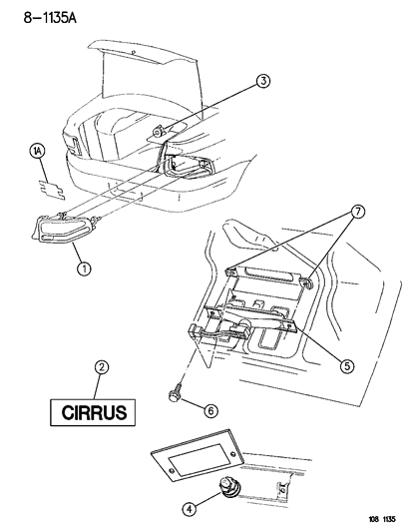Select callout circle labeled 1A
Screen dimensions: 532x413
pos(37,152)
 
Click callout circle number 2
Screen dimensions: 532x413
pos(100,367)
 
